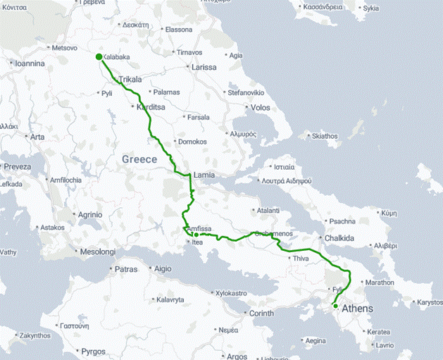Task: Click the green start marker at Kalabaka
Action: [x=99, y=57]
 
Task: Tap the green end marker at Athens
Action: [x=335, y=305]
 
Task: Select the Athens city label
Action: [x=357, y=309]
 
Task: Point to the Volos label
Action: [x=260, y=108]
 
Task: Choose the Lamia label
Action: [x=203, y=175]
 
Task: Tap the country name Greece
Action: [x=139, y=159]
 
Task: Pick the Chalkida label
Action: [x=340, y=239]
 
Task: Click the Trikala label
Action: [x=131, y=80]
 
